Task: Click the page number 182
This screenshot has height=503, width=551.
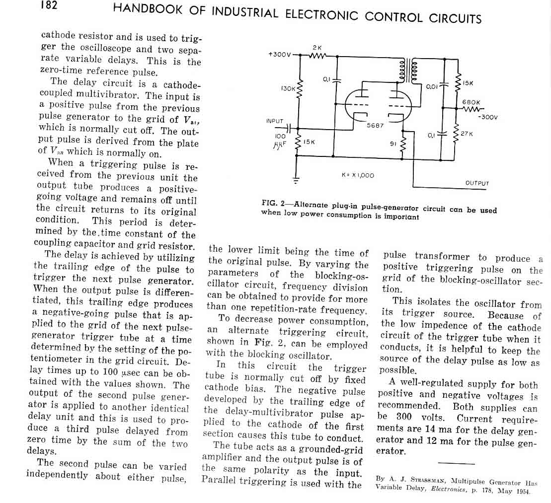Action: click(x=49, y=5)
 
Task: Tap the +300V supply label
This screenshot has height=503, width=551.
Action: click(x=280, y=54)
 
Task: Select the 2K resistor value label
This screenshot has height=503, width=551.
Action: click(x=317, y=47)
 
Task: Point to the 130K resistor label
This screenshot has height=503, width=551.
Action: click(x=289, y=88)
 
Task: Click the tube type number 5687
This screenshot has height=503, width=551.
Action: click(x=375, y=126)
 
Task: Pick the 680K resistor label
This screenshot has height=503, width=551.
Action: click(x=471, y=102)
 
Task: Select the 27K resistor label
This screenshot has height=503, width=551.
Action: click(x=467, y=134)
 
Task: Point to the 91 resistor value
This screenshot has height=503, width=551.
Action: click(x=394, y=144)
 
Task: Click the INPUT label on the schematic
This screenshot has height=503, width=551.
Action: click(x=275, y=121)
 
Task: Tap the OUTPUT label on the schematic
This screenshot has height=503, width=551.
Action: click(x=477, y=183)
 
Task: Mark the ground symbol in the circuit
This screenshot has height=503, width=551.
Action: click(x=297, y=180)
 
